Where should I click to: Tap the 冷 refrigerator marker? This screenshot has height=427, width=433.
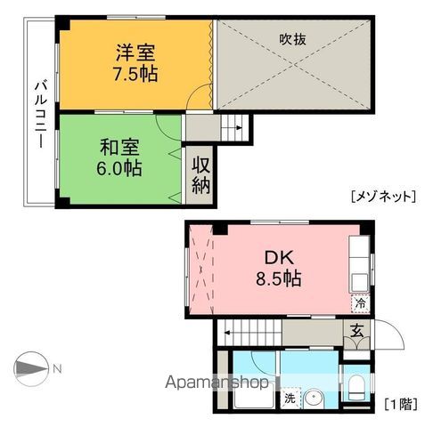(x=360, y=303)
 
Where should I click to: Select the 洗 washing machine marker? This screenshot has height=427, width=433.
(x=290, y=399)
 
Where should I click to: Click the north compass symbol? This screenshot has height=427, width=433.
(x=33, y=368)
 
